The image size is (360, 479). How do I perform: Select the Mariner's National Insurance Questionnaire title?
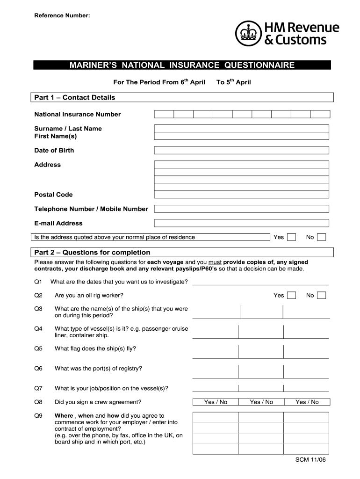tap(182, 65)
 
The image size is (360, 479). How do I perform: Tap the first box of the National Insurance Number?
tap(164, 114)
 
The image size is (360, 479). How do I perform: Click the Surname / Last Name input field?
tap(241, 128)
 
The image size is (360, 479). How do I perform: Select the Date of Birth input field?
tap(241, 150)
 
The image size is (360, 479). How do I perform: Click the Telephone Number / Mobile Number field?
tap(241, 209)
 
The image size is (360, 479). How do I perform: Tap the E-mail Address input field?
tap(241, 223)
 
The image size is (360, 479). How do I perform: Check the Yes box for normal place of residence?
tap(291, 237)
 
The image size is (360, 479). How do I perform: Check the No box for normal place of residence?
tap(321, 237)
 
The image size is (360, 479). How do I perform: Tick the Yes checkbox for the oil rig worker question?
tap(291, 295)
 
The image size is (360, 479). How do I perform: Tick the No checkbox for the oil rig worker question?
tap(321, 295)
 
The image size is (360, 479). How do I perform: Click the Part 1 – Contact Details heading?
tap(75, 97)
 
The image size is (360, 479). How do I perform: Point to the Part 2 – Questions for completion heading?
tap(93, 253)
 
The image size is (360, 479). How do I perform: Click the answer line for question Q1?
tap(260, 282)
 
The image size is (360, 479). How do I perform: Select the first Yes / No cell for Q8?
tap(216, 402)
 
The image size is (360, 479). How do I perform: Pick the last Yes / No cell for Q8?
tap(307, 402)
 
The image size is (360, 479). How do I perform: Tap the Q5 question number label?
tap(38, 348)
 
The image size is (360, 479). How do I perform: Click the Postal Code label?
tap(53, 195)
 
